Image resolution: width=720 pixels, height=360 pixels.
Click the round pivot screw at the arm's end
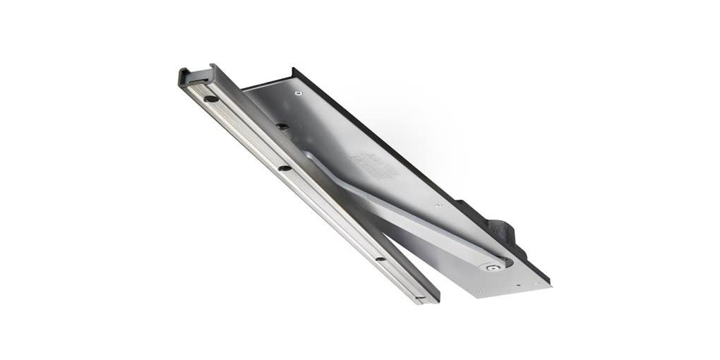point(491,268)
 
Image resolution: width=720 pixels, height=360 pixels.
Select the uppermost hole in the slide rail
point(210,99)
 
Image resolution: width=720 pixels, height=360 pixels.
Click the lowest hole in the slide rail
point(381,259)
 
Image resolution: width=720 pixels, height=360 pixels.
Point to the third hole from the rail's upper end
point(284,168)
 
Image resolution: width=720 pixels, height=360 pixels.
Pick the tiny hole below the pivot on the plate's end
point(518,287)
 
